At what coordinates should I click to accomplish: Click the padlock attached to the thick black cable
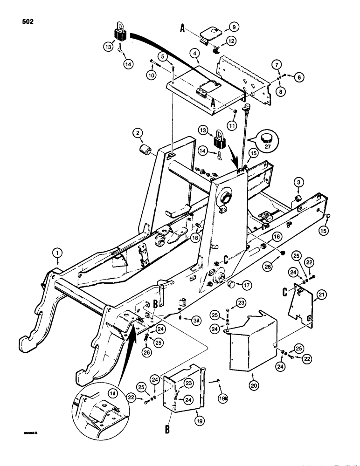(121, 34)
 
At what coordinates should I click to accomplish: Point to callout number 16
(277, 237)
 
